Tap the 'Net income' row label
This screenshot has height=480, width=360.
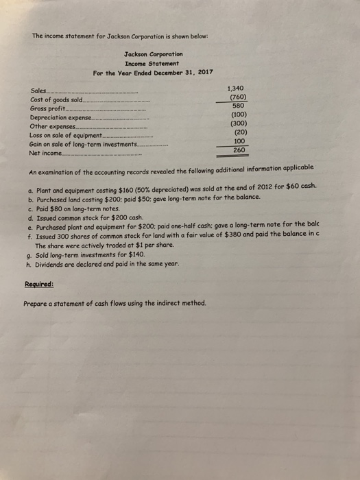click(x=45, y=152)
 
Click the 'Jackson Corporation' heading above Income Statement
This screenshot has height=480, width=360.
click(x=154, y=53)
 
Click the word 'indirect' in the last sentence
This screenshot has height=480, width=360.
click(x=161, y=303)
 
